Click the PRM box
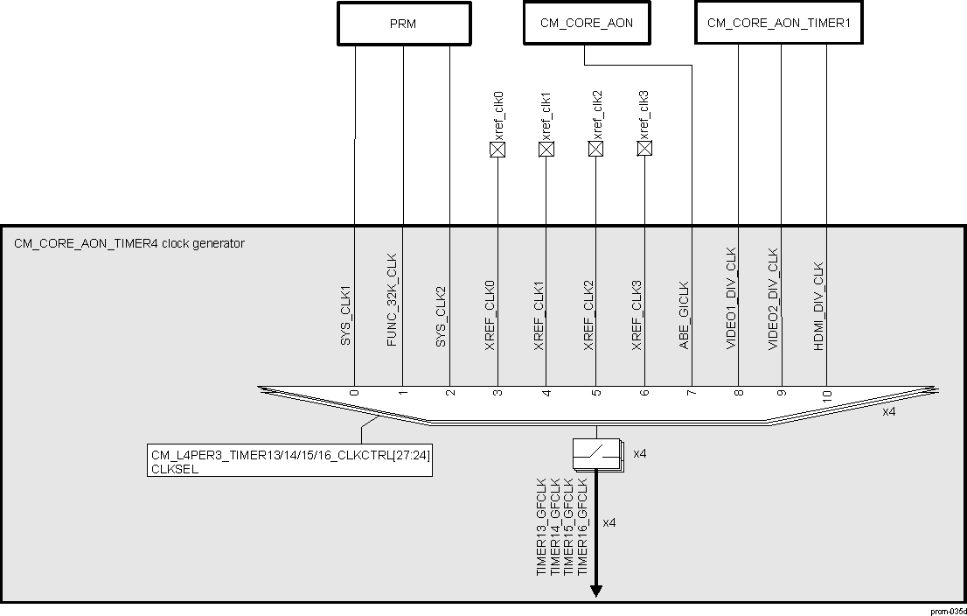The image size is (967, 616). point(403,24)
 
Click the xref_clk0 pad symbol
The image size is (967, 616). point(497,150)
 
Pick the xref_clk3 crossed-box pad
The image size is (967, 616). point(644,150)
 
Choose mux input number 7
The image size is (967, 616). point(691,392)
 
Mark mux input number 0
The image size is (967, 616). point(354,392)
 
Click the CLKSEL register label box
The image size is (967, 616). point(290,461)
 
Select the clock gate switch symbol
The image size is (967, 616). point(596,454)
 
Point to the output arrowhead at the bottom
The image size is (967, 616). point(596,591)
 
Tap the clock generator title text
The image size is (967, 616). point(129,243)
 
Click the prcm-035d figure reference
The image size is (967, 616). point(948,610)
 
